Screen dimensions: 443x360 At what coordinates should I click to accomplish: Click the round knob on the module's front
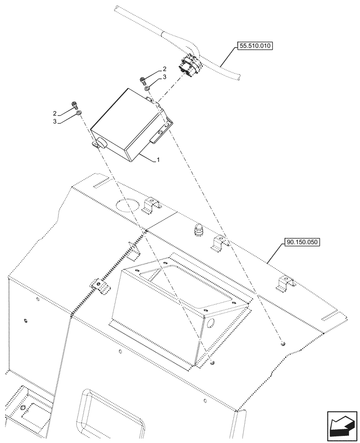(x=101, y=143)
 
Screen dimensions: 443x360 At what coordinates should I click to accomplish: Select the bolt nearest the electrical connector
(x=143, y=80)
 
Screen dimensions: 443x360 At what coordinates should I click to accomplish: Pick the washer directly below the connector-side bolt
(x=147, y=89)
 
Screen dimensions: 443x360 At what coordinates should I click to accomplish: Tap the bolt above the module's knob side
(x=74, y=105)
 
